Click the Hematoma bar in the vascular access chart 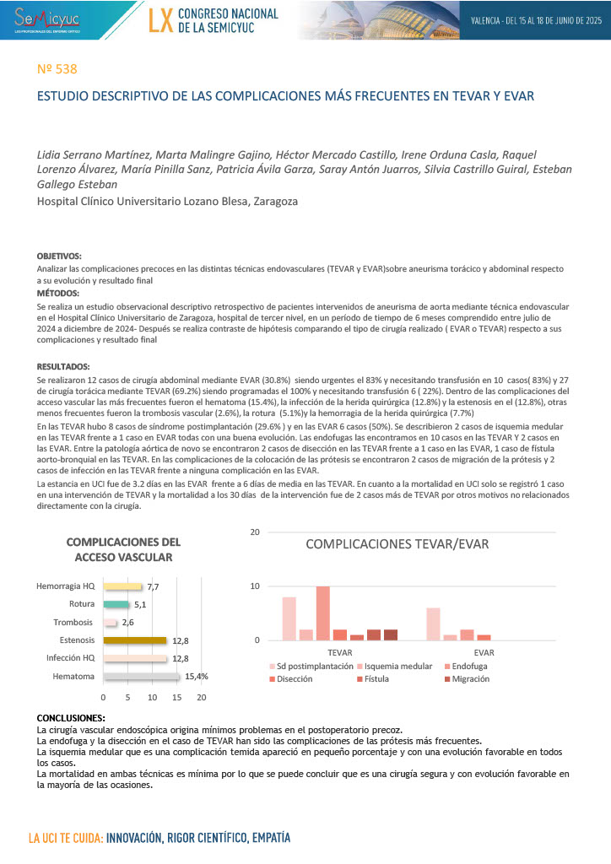[141, 677]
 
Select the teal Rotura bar [116, 604]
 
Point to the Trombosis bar [110, 623]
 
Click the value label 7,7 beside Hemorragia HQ [154, 586]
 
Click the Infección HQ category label [70, 658]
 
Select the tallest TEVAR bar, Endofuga [322, 613]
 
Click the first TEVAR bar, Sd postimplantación [289, 618]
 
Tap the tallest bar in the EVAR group [433, 624]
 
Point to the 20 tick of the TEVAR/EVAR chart [255, 532]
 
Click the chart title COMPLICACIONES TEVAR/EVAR [397, 544]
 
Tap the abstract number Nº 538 [58, 69]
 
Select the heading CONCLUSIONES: [71, 718]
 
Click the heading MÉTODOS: [59, 293]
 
